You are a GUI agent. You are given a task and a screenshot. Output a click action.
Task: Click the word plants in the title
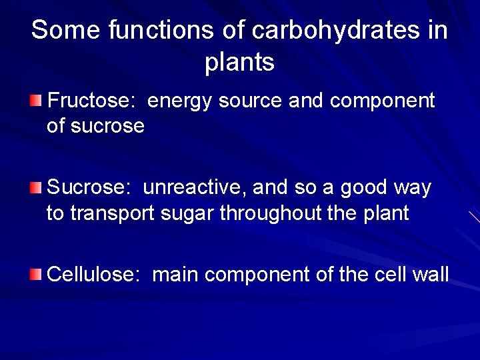[240, 62]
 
